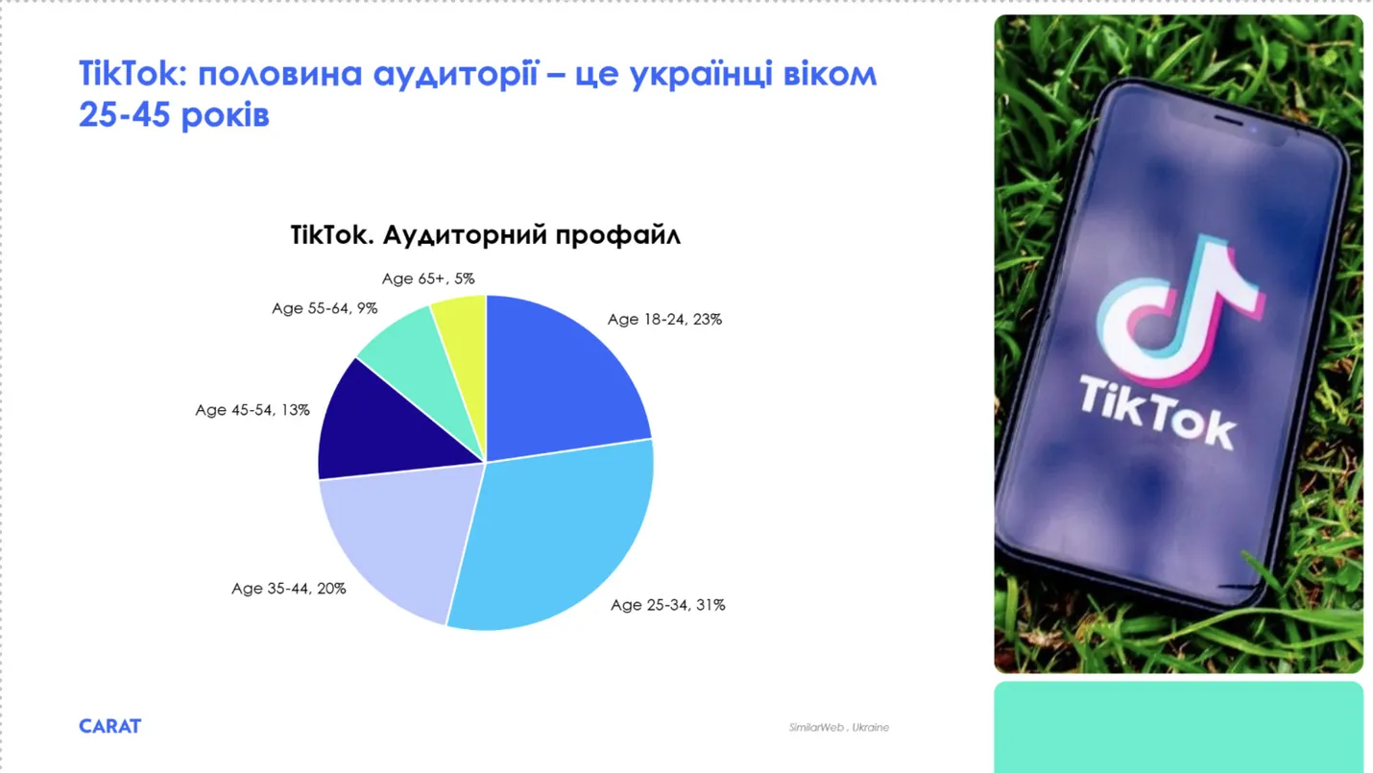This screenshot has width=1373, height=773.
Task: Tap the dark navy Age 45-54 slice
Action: (380, 429)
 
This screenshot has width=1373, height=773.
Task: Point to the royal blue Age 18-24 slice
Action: (558, 380)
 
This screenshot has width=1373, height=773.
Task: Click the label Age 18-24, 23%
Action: (664, 320)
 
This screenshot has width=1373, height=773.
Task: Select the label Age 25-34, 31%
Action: (667, 605)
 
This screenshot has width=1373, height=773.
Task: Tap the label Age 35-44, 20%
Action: (289, 589)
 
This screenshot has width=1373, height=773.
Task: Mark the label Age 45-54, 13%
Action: (253, 410)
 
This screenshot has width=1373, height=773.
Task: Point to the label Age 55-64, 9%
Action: (325, 308)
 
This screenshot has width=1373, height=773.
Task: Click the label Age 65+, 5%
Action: (428, 278)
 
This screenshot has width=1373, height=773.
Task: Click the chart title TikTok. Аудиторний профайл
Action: (486, 235)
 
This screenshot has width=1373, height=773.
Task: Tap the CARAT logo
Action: (109, 726)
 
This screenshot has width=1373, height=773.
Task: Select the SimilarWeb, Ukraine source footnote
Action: (838, 728)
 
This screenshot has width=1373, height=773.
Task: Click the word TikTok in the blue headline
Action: (129, 74)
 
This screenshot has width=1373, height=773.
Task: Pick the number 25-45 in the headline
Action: (125, 114)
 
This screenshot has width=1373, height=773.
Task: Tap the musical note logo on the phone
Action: (1180, 309)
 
